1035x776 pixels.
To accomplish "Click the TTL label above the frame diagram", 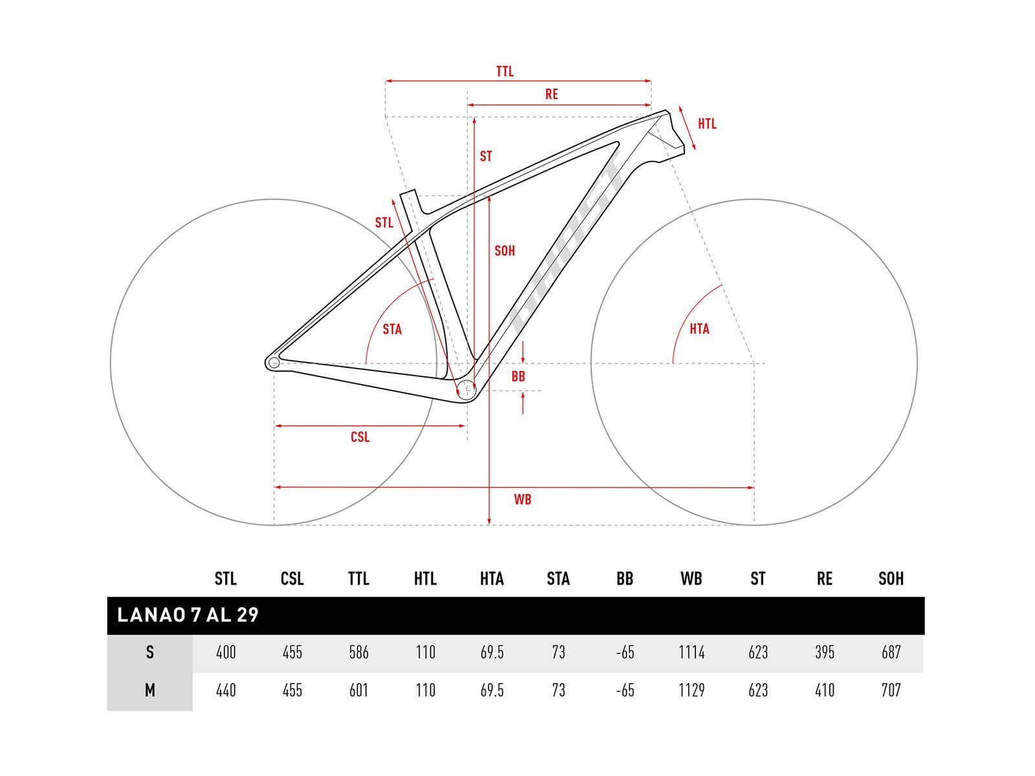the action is tap(505, 72).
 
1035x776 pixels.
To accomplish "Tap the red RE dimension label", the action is tap(551, 94).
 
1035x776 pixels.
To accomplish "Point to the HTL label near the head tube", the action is tap(707, 124).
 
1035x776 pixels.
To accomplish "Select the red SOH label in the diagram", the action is tap(505, 251).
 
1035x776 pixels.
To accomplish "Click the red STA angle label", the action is tap(392, 329).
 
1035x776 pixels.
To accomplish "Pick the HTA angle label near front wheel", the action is tap(699, 329).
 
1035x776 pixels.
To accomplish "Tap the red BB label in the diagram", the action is tap(518, 376).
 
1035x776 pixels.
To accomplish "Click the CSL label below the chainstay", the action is tap(360, 437).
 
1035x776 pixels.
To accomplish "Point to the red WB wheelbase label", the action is tap(523, 499).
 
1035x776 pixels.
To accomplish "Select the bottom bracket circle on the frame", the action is tap(466, 391).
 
